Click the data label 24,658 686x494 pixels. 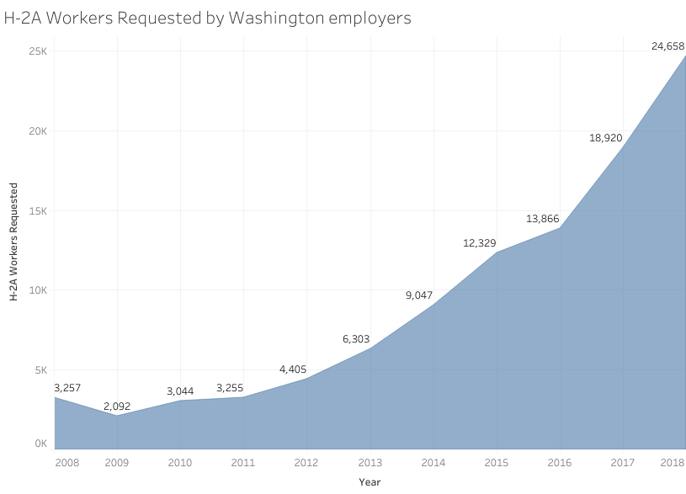[667, 46]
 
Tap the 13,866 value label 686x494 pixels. [542, 219]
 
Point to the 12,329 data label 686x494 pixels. [479, 243]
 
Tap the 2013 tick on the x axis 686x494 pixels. [370, 462]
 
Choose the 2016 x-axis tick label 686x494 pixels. [559, 462]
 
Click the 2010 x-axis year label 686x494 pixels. [180, 462]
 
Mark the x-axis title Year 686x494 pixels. [370, 482]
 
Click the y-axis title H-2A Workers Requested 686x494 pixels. [13, 244]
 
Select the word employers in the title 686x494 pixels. [370, 18]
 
